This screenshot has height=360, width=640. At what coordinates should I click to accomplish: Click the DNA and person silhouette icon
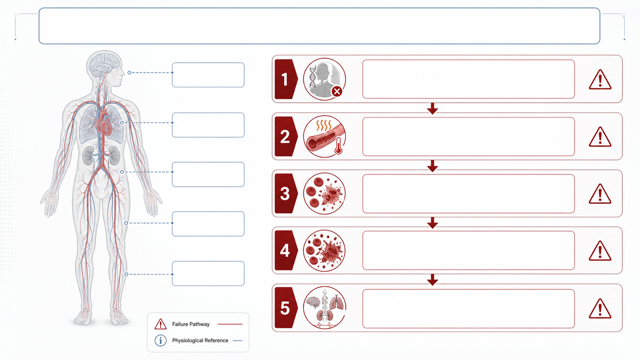click(x=324, y=79)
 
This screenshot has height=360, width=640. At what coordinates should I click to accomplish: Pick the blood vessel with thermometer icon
click(x=324, y=136)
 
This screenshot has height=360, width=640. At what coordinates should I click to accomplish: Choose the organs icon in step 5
click(x=324, y=308)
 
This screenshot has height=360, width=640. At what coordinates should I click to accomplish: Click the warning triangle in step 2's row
click(x=600, y=137)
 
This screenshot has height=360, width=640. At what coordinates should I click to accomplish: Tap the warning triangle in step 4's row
click(x=600, y=251)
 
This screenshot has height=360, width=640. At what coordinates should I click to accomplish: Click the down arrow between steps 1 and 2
click(x=433, y=109)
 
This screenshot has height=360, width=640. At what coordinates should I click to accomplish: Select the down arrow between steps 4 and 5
click(x=433, y=280)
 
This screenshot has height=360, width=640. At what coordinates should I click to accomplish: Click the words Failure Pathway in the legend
click(x=191, y=324)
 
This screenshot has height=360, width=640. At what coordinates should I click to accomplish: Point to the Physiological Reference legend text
click(x=200, y=340)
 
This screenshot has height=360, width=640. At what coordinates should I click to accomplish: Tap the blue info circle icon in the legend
click(x=160, y=340)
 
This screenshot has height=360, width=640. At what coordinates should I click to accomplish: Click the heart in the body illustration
click(x=103, y=124)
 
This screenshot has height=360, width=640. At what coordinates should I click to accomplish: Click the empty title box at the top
click(x=320, y=26)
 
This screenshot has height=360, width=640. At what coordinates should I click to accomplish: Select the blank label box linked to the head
click(x=208, y=75)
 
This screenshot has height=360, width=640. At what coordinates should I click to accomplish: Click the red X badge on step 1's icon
click(x=337, y=92)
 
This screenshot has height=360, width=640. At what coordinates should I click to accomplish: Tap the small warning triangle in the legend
click(x=160, y=324)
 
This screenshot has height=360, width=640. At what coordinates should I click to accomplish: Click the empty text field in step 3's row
click(x=469, y=194)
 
